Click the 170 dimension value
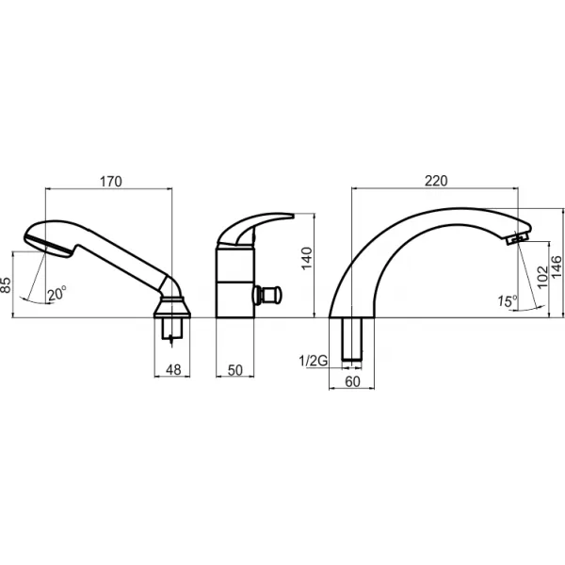(x=110, y=182)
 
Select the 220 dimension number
(x=436, y=181)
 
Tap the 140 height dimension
(x=307, y=258)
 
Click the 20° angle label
(x=56, y=294)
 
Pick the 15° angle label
(x=508, y=300)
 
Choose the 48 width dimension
(x=173, y=370)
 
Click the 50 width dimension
(x=235, y=370)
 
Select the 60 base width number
(x=352, y=381)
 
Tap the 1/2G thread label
(x=314, y=361)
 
